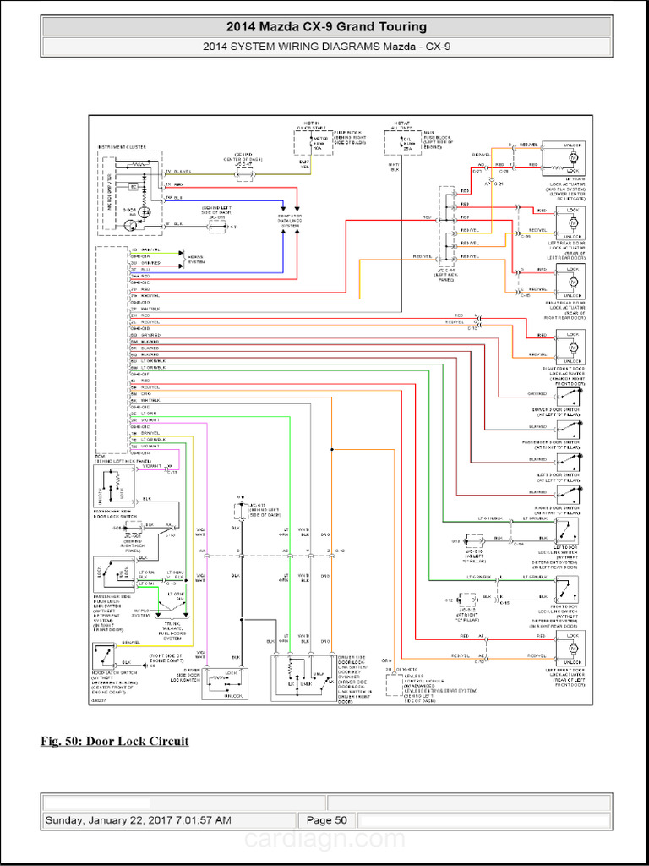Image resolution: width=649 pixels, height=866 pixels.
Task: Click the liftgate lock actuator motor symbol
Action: [573, 157]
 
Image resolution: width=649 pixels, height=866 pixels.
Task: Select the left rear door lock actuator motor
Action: [573, 220]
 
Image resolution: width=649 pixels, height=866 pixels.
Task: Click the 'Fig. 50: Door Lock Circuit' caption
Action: [115, 742]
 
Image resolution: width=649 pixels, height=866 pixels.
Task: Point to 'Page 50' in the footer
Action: [326, 819]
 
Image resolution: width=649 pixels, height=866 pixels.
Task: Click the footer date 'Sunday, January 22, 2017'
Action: [137, 819]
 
